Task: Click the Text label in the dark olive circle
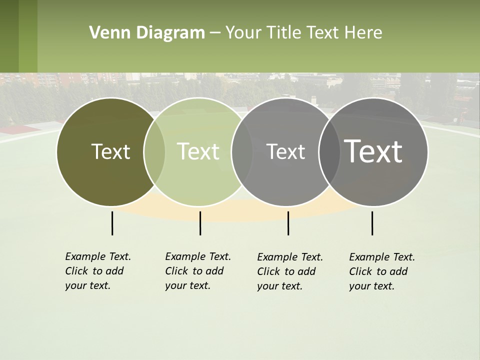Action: coord(110,151)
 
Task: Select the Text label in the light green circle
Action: coord(198,151)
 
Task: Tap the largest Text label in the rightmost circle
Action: coord(373,151)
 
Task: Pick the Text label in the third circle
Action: coord(285,151)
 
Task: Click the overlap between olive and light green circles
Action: coord(154,152)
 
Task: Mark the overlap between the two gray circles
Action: coord(329,152)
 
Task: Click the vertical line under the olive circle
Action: coord(112,223)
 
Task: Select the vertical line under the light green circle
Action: coord(200,223)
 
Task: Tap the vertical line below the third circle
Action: coord(288,223)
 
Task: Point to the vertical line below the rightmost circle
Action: coord(372,223)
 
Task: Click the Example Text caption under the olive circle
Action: coord(97,271)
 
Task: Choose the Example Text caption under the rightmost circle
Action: coord(381,271)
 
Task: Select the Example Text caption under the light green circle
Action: coord(197,271)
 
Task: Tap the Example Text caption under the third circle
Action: coord(289,271)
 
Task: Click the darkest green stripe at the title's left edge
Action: coord(9,36)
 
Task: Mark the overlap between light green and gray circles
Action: coord(242,152)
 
